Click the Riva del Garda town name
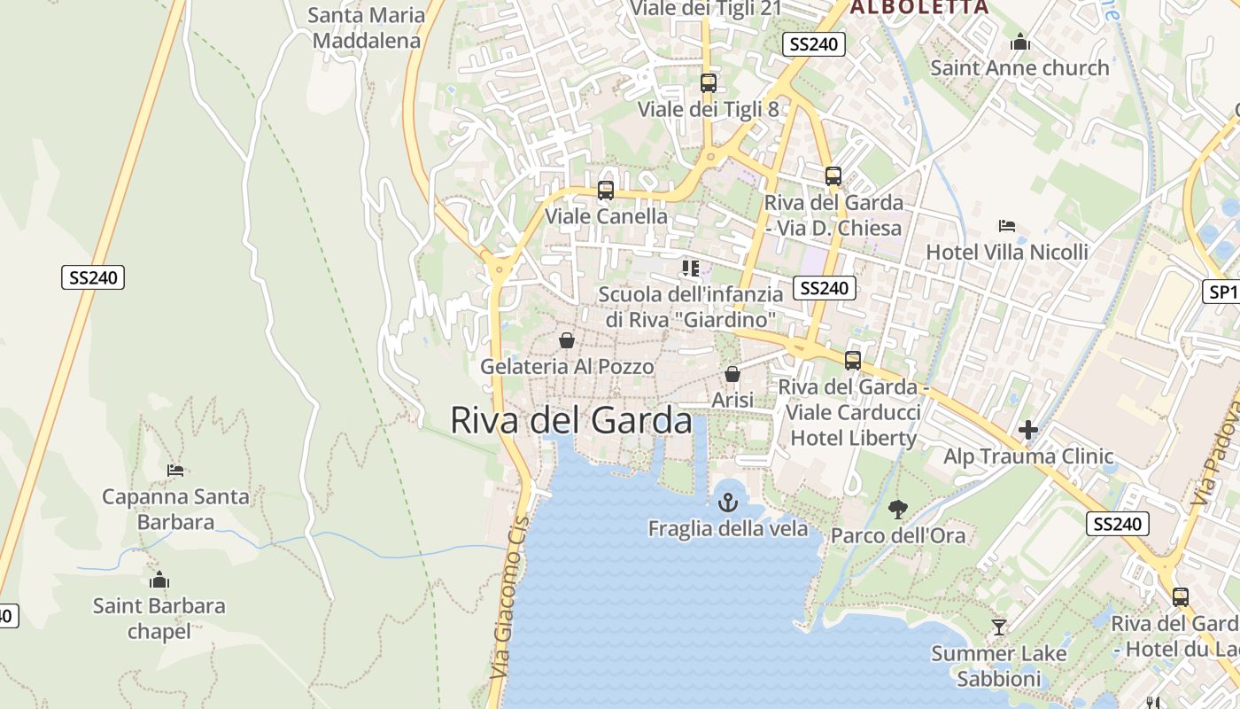pos(571,420)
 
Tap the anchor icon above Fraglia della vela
pos(727,503)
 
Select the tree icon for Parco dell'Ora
pos(898,509)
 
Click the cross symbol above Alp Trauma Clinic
pos(1028,431)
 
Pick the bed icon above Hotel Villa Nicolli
pos(1007,226)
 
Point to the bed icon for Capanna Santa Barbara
pos(175,470)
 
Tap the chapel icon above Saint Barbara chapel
pos(159,580)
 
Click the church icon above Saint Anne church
pos(1020,42)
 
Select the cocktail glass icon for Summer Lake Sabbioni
pos(999,627)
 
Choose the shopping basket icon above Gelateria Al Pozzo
pos(567,340)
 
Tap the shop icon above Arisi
pos(732,374)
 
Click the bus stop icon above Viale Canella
pos(606,190)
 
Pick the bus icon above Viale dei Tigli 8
pos(709,83)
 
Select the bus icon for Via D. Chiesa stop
pos(833,175)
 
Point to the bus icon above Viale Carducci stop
pos(853,360)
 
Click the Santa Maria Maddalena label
pos(366,27)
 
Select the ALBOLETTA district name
pos(918,7)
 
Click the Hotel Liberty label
pos(853,438)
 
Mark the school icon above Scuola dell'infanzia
pos(691,268)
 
